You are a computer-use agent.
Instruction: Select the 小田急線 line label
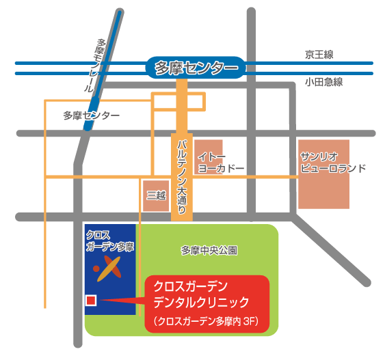coord(323,81)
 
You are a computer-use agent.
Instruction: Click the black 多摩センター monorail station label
coord(90,115)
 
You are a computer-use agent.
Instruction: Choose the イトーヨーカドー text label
coord(221,162)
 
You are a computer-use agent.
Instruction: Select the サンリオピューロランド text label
coord(332,162)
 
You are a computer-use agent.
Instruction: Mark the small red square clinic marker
coord(90,301)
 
